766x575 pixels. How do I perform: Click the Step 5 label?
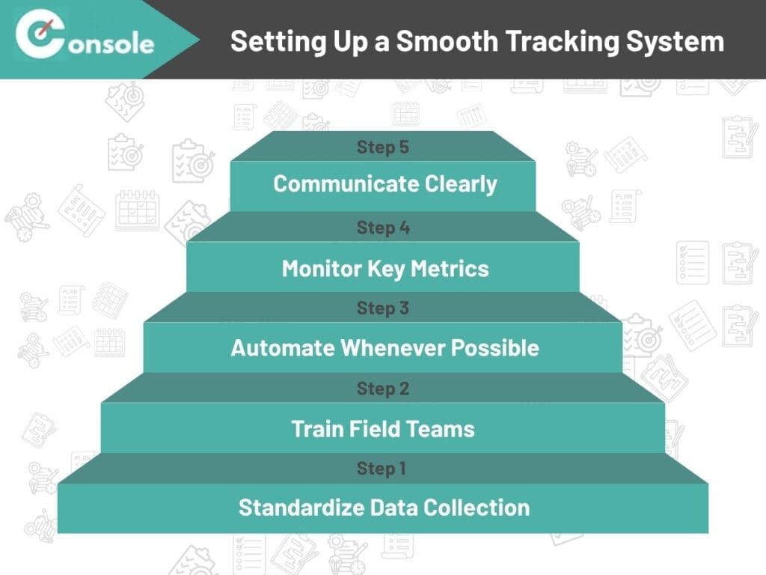[382, 147]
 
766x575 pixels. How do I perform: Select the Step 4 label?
[382, 228]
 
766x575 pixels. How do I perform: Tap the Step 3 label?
[382, 308]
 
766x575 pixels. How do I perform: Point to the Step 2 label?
[382, 389]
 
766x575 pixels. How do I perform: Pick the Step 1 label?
[382, 469]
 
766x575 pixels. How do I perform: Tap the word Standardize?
[301, 508]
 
